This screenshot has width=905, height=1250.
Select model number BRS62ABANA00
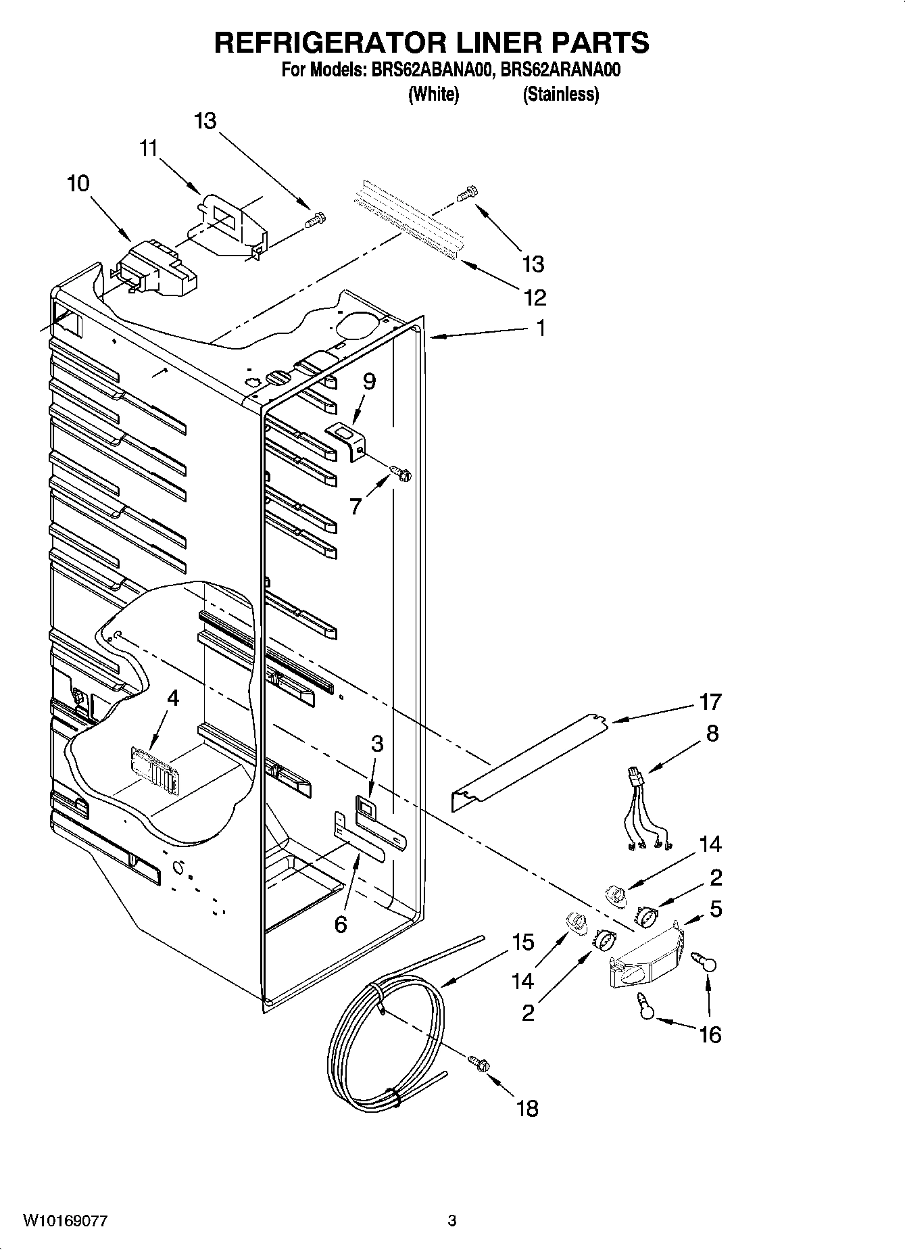coord(429,70)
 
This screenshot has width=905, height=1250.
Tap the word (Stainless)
coord(560,94)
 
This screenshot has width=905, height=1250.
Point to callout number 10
coord(78,183)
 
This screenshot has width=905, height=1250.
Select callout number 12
coord(533,297)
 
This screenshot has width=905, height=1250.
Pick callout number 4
coord(173,698)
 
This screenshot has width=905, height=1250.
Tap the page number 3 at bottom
coord(452,1221)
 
